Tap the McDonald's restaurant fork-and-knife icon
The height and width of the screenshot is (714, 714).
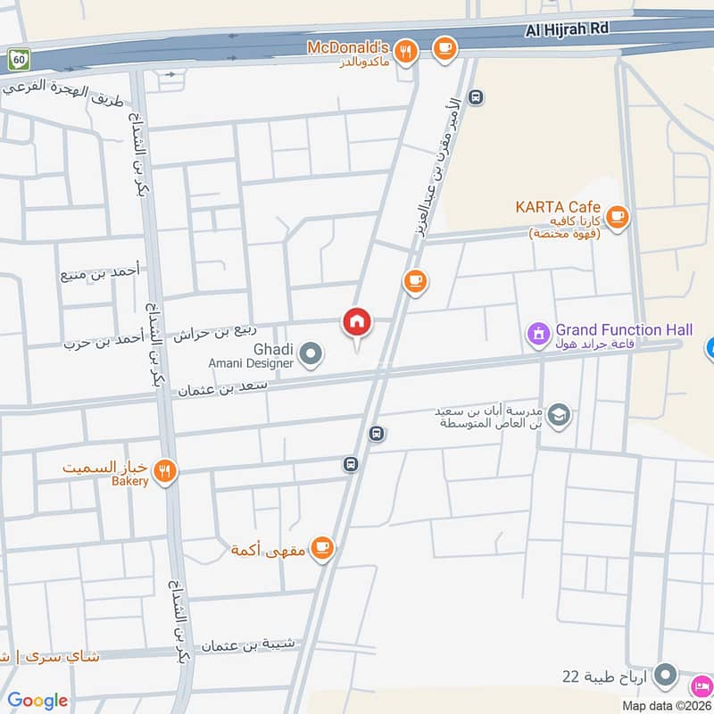[407, 51]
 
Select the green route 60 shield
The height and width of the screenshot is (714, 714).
[18, 59]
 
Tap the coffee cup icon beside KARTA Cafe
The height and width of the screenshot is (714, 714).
[617, 216]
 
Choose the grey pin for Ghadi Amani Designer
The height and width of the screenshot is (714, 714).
[311, 355]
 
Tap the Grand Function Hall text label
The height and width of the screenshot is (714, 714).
[624, 330]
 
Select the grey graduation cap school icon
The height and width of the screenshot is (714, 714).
[560, 416]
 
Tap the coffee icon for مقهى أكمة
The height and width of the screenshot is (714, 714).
[322, 548]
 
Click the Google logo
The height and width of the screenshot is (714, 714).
[37, 701]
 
